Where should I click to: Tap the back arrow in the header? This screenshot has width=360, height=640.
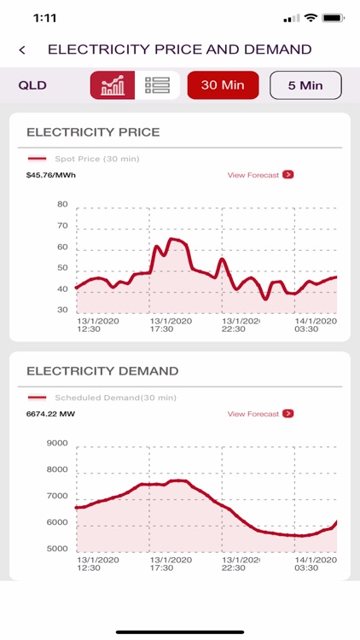click(x=22, y=50)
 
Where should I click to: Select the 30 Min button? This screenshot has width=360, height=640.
click(x=223, y=85)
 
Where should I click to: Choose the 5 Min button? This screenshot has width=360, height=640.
click(x=305, y=85)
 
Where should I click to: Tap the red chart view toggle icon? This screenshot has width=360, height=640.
click(x=113, y=85)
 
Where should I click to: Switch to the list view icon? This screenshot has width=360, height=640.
click(x=157, y=85)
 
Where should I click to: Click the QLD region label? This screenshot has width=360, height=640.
click(x=32, y=85)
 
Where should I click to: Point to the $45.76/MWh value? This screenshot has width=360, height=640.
click(x=50, y=176)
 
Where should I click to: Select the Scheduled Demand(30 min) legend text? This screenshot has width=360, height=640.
click(x=115, y=398)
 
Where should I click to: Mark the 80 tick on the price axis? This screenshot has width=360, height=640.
click(x=62, y=205)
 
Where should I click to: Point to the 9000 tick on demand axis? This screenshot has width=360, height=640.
click(x=57, y=444)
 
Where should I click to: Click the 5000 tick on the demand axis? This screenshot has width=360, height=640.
click(x=57, y=549)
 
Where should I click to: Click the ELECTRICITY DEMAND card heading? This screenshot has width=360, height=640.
click(x=102, y=371)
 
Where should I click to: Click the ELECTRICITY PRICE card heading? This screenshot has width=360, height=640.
click(x=93, y=132)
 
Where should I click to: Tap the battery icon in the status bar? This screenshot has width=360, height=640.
click(x=334, y=17)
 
